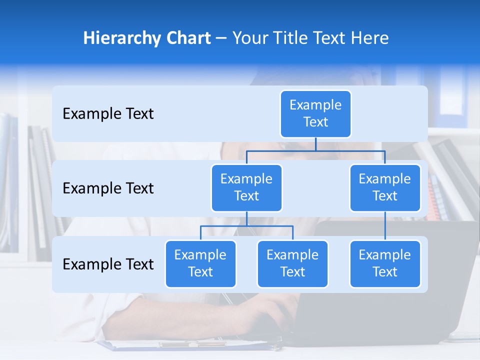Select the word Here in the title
point(369,38)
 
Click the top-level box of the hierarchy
point(315,114)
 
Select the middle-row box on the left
point(246,188)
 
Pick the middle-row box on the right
point(385,188)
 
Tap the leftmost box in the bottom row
point(200,264)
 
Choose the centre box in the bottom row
point(292,264)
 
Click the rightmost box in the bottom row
point(385,264)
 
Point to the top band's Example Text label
point(108,114)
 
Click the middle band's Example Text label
point(108,188)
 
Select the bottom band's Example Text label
point(108,264)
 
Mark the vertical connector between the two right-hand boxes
point(385,226)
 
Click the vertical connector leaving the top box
point(315,144)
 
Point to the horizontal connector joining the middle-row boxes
point(315,151)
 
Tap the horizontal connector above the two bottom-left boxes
point(246,226)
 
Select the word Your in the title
point(248,38)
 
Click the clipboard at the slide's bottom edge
point(190,344)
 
